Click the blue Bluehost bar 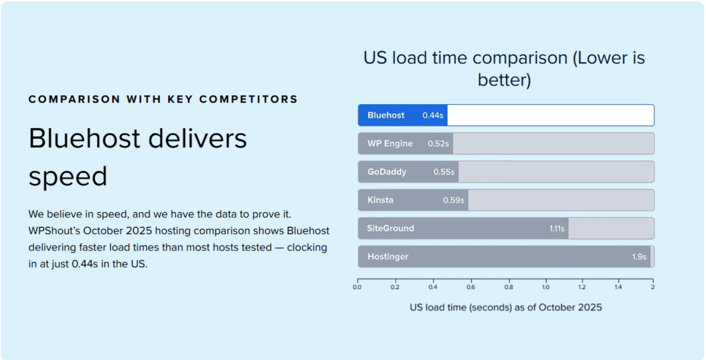[x=402, y=115]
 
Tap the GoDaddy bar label [x=387, y=172]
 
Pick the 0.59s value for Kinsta [x=454, y=201]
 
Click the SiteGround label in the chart [x=391, y=228]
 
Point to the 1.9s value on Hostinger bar [x=639, y=257]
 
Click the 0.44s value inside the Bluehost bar [x=433, y=116]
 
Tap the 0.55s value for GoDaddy [x=444, y=172]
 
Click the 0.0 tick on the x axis [x=357, y=288]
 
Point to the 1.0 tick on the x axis [x=545, y=288]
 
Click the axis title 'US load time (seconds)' [x=505, y=308]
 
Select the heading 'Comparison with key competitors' [x=163, y=99]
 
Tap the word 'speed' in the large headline [x=68, y=177]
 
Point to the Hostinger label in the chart [x=388, y=257]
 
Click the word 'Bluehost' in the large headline [x=90, y=139]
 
